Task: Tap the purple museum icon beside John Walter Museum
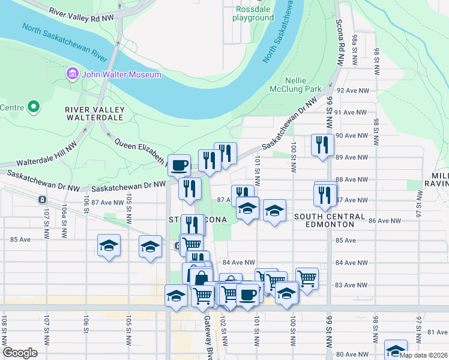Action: [x=72, y=74]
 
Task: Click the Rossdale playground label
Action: [x=255, y=13]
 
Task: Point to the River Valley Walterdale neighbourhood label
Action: [x=95, y=113]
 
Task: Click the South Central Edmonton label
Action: [x=330, y=220]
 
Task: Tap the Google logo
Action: [x=20, y=353]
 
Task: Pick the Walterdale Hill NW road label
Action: [x=47, y=154]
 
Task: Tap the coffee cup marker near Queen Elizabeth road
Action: [x=178, y=164]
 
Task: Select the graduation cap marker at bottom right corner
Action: [x=396, y=350]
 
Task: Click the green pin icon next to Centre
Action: [x=34, y=107]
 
